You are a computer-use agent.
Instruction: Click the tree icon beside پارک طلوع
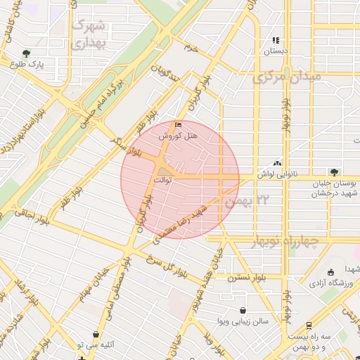point(27,53)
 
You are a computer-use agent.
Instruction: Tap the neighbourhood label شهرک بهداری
point(89,34)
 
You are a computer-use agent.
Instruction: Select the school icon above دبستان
point(276,41)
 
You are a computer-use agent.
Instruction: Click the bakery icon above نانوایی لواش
point(276,162)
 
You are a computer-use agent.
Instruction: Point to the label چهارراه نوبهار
point(284,242)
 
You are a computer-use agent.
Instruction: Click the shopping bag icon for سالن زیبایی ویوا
point(243,310)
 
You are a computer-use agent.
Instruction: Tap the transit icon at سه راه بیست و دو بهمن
point(309,326)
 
